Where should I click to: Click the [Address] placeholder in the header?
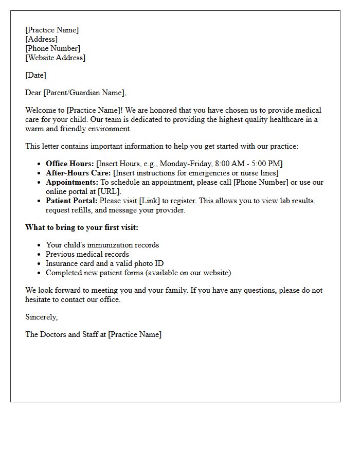pyautogui.click(x=41, y=39)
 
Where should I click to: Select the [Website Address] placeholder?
pyautogui.click(x=55, y=58)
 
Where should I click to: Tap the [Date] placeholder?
pyautogui.click(x=35, y=75)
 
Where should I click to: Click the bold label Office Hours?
pyautogui.click(x=70, y=164)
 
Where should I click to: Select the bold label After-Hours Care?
pyautogui.click(x=78, y=173)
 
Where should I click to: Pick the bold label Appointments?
pyautogui.click(x=72, y=182)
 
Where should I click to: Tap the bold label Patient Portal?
pyautogui.click(x=71, y=201)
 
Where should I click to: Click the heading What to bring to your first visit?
pyautogui.click(x=82, y=227)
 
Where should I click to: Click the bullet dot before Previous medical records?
pyautogui.click(x=40, y=254)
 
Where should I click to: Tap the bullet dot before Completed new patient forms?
pyautogui.click(x=40, y=273)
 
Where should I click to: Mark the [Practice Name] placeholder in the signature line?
pyautogui.click(x=135, y=334)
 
